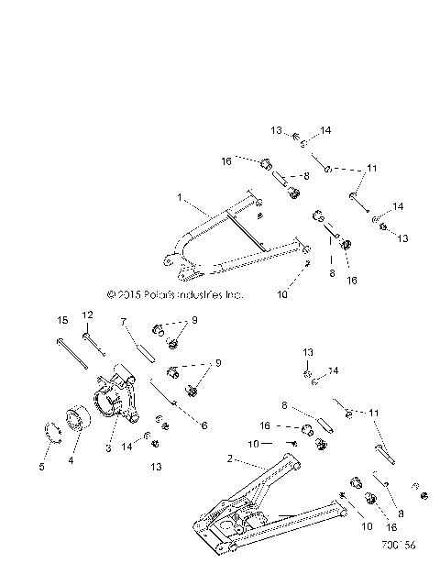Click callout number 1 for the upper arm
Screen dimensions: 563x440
tap(181, 196)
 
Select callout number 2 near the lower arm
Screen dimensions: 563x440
tap(230, 456)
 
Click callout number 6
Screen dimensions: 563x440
tap(203, 425)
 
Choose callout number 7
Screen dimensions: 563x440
tap(122, 322)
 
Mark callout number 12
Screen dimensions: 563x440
tap(89, 315)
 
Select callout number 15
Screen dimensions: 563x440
tap(63, 319)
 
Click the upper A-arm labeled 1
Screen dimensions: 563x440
tap(229, 240)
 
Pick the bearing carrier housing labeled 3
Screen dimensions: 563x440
tap(113, 394)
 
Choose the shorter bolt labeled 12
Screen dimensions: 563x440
tap(96, 348)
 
